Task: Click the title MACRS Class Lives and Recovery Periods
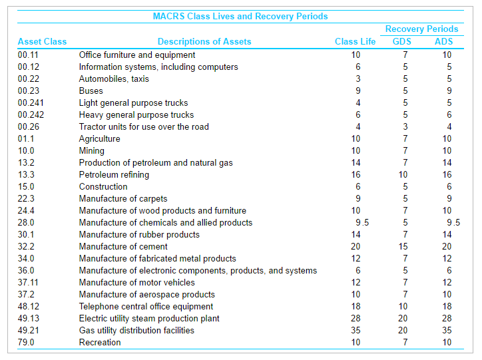(x=240, y=17)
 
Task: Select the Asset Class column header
(x=42, y=41)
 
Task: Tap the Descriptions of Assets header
(x=204, y=41)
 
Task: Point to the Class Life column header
(x=355, y=41)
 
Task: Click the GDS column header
(x=402, y=41)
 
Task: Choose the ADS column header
(x=444, y=41)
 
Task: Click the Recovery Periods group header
(x=421, y=29)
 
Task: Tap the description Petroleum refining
(x=114, y=174)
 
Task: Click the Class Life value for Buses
(x=357, y=90)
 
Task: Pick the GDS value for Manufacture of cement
(x=403, y=246)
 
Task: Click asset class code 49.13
(x=29, y=318)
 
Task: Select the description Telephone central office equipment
(x=146, y=306)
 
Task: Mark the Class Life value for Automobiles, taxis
(x=357, y=79)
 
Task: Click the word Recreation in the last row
(x=100, y=342)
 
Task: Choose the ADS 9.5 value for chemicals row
(x=453, y=222)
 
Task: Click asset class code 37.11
(x=29, y=282)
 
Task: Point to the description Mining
(x=92, y=150)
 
